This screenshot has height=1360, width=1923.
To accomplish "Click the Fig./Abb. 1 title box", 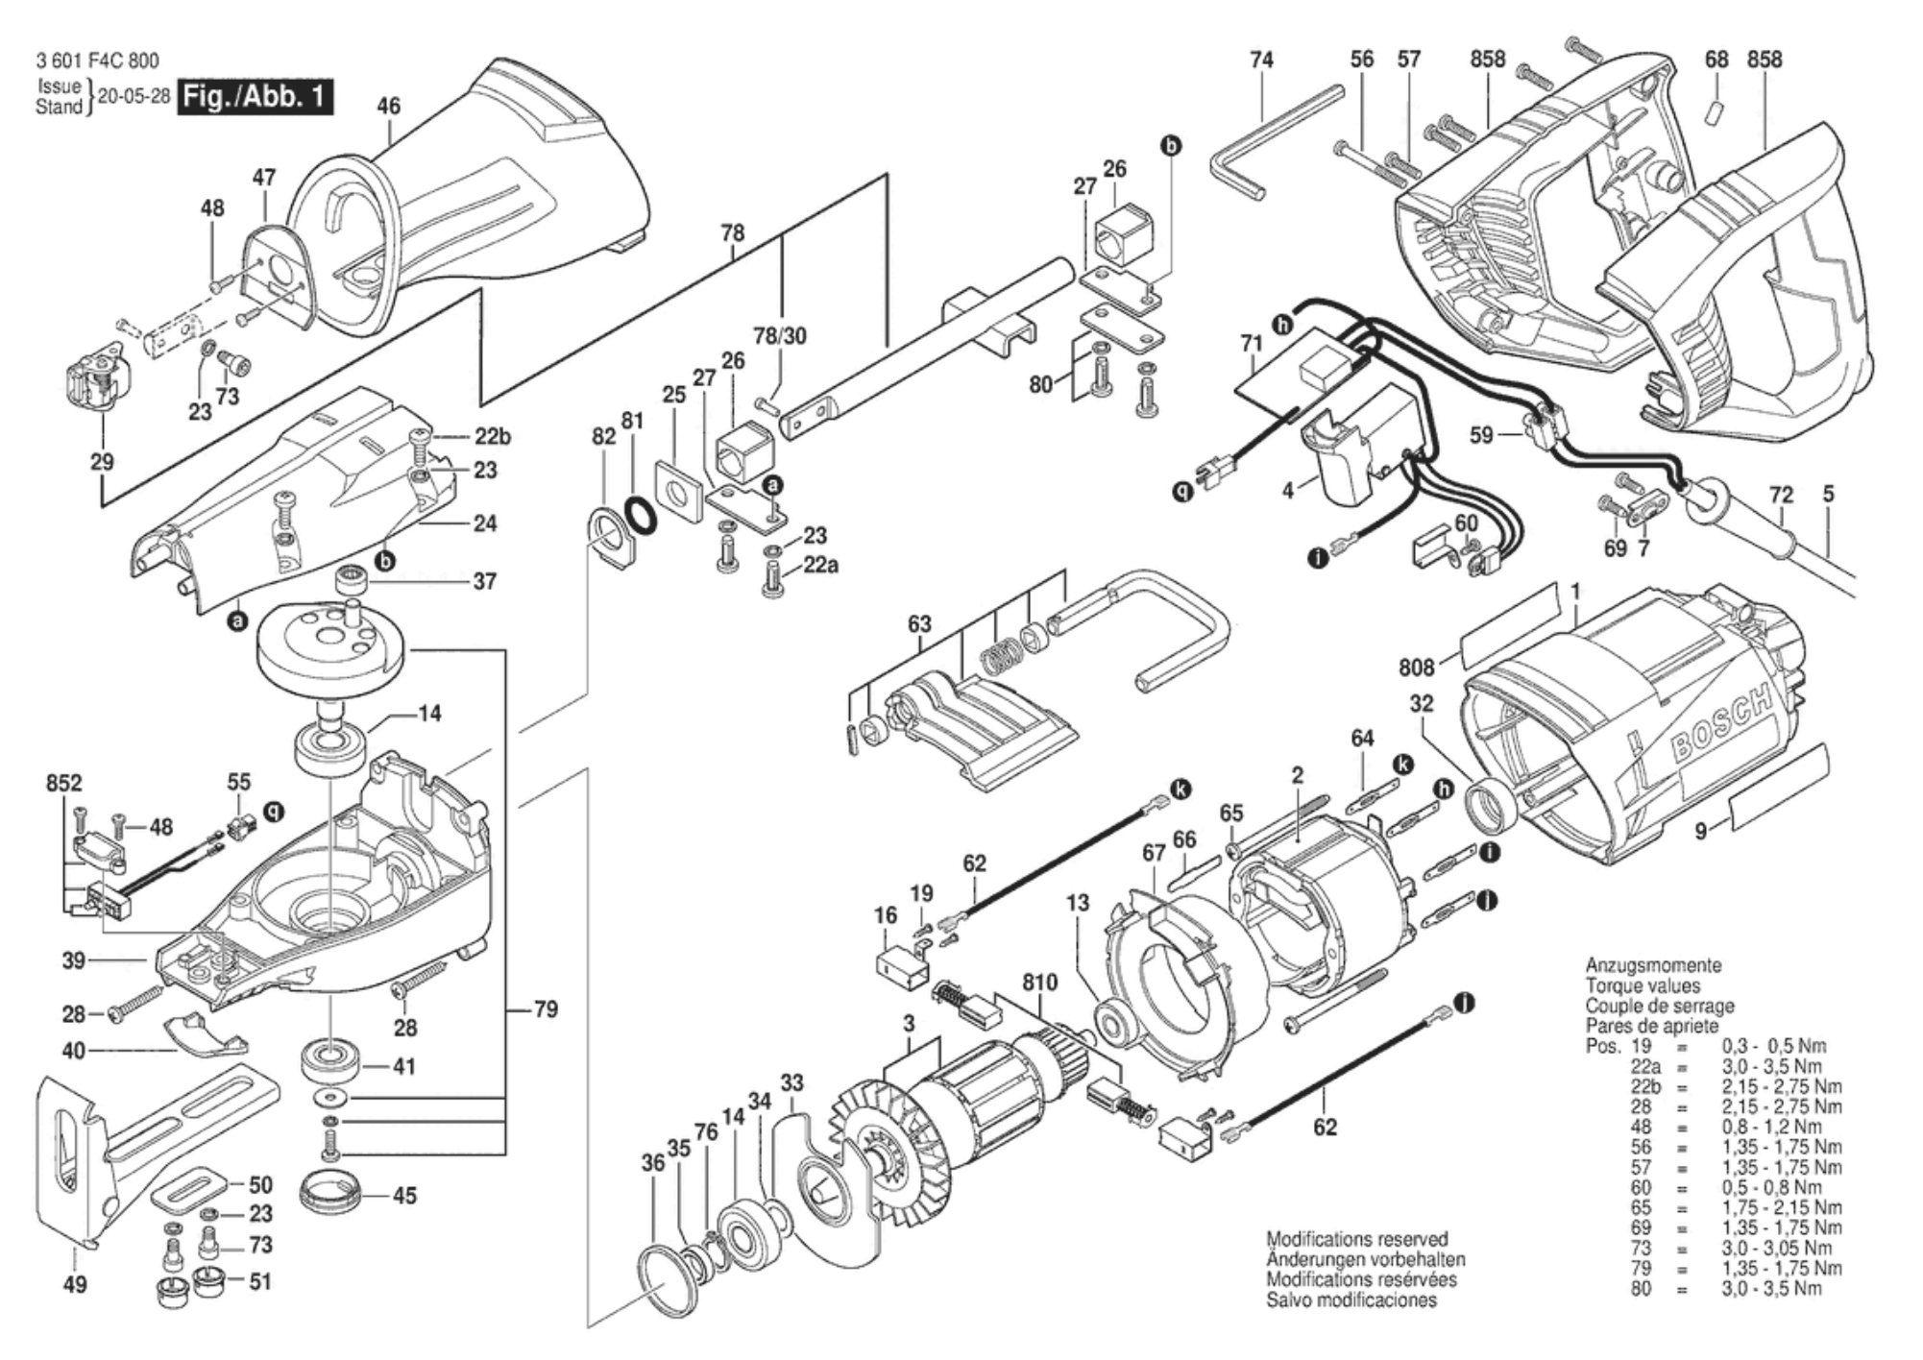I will point(256,97).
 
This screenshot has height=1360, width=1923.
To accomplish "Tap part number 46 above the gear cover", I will point(388,107).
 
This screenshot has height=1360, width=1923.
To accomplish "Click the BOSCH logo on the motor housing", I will point(1720,725).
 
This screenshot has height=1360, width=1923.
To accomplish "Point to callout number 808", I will point(1417,667).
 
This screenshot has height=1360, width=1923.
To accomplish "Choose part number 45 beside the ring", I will point(404,1196).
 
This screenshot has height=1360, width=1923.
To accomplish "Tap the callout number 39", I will point(74,959).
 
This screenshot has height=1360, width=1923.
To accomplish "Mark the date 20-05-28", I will point(134,97).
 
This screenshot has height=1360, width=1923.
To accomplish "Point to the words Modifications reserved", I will point(1356,1239).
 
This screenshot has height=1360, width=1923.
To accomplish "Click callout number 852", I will point(64,783).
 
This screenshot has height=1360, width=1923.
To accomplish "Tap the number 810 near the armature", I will point(1039,982).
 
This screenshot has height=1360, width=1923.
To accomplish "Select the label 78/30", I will point(780,336).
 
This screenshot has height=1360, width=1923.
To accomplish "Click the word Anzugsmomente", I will point(1653,965).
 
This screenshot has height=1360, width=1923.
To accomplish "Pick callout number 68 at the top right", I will point(1716,60).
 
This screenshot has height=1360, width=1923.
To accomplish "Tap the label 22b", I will point(492,436).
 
